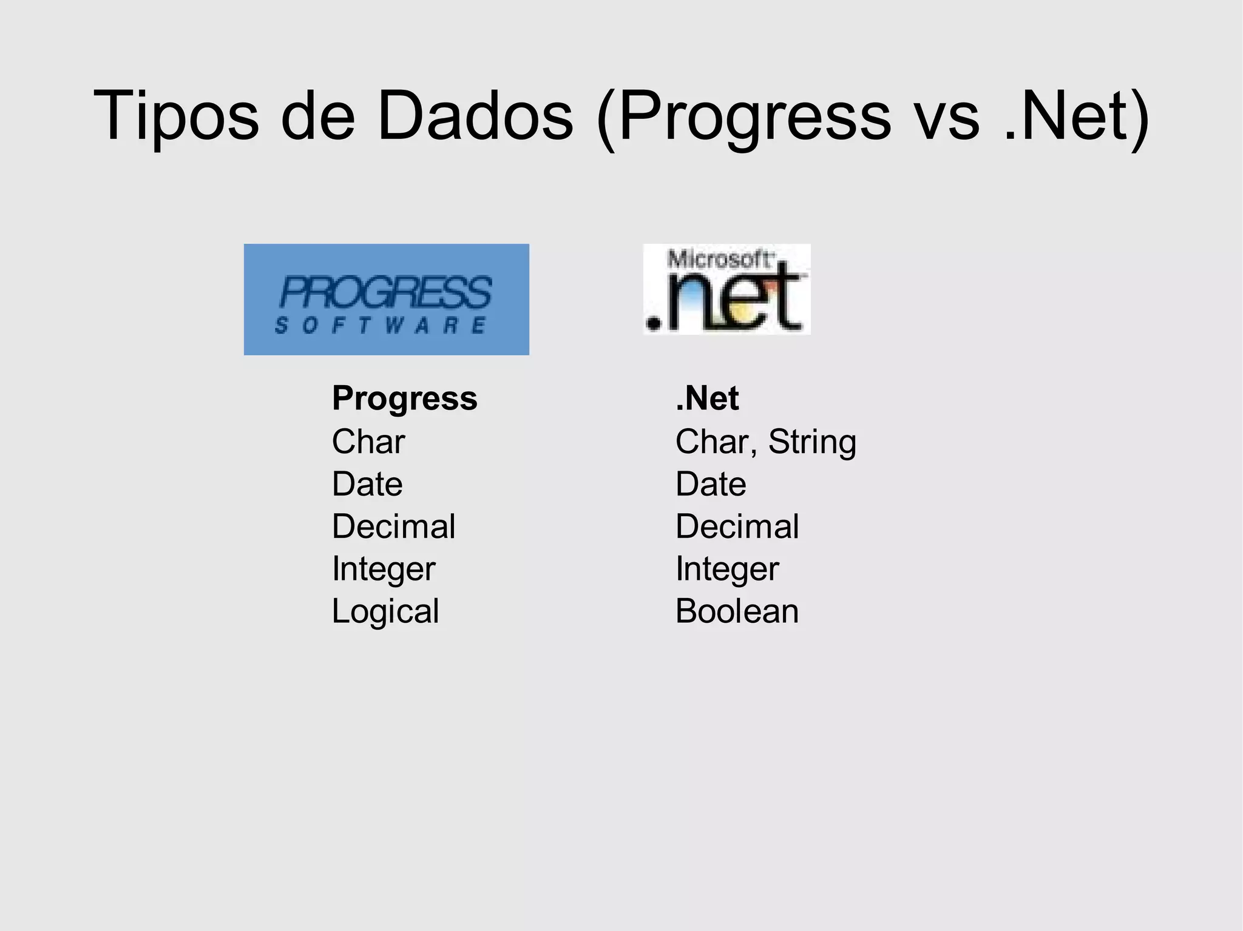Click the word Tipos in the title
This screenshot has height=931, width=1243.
(x=176, y=115)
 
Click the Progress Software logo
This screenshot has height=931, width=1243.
(x=386, y=300)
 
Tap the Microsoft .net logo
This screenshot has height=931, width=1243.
(x=726, y=289)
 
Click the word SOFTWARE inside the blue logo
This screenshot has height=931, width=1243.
(x=381, y=326)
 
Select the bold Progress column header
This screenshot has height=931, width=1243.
(x=404, y=398)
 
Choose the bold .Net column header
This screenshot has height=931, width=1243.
(x=707, y=398)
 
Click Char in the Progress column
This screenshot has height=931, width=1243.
(x=368, y=442)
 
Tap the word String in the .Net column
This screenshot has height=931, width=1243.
(x=812, y=442)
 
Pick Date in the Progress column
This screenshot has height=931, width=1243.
(x=367, y=484)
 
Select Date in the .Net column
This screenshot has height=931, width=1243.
(x=710, y=484)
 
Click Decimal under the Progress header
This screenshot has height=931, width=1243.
(x=393, y=526)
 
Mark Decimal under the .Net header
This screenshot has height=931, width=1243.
(x=737, y=526)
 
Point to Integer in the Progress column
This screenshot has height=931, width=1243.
(x=383, y=569)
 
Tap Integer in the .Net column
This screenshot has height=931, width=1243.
(x=726, y=569)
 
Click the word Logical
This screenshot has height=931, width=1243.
(x=385, y=611)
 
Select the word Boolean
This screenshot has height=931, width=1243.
(x=737, y=611)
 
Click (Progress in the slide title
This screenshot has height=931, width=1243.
(x=743, y=115)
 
